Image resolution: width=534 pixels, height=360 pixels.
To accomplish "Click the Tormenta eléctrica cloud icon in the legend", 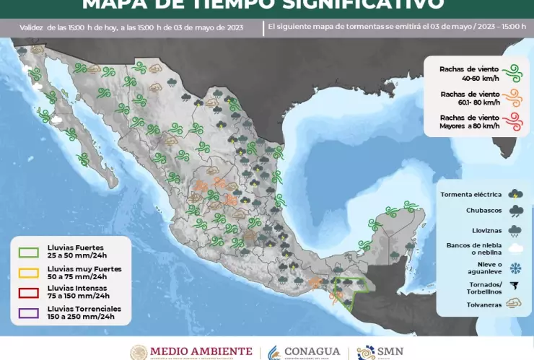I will [x=515, y=193].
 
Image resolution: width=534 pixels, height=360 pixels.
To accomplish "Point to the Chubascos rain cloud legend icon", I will [x=515, y=211].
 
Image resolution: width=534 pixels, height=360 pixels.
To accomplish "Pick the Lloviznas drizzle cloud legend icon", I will [x=515, y=231].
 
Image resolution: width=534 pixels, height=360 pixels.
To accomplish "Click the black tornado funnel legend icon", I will [x=515, y=286].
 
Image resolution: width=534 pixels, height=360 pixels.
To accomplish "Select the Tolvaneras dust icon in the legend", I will [x=515, y=304].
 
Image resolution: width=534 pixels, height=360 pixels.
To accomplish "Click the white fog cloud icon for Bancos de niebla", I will [x=515, y=249].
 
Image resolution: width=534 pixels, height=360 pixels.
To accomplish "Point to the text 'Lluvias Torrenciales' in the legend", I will [x=79, y=309].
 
